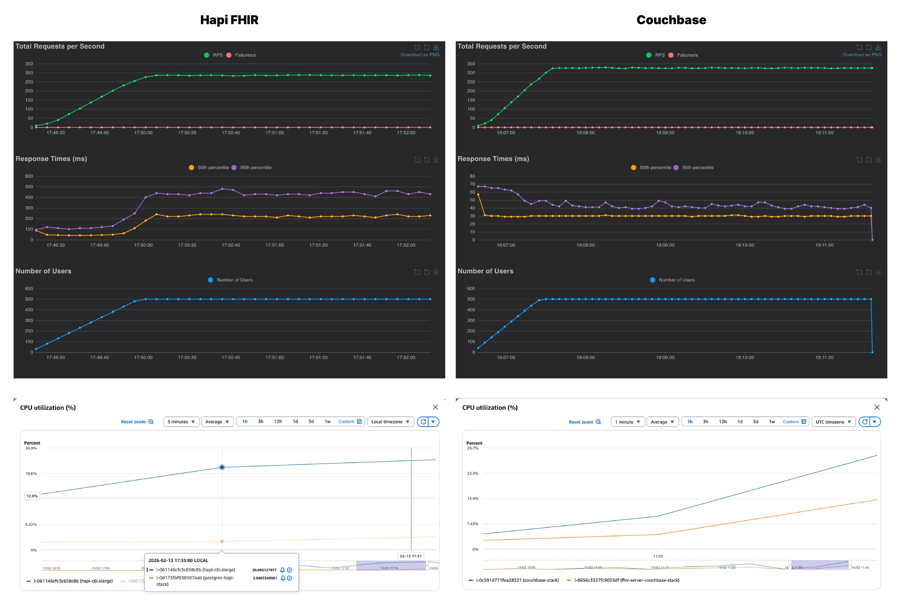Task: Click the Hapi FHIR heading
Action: pyautogui.click(x=229, y=20)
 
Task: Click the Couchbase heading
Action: pyautogui.click(x=671, y=20)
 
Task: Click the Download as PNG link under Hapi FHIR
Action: pyautogui.click(x=420, y=55)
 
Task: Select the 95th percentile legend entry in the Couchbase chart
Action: pyautogui.click(x=697, y=168)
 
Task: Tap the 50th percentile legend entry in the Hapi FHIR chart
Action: pyautogui.click(x=213, y=168)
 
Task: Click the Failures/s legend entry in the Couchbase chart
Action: pyautogui.click(x=687, y=55)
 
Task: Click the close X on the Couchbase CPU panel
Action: pyautogui.click(x=877, y=407)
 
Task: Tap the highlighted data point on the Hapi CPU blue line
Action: pyautogui.click(x=222, y=467)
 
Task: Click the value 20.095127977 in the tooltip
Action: pyautogui.click(x=264, y=570)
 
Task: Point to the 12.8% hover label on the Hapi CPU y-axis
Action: pyautogui.click(x=32, y=496)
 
